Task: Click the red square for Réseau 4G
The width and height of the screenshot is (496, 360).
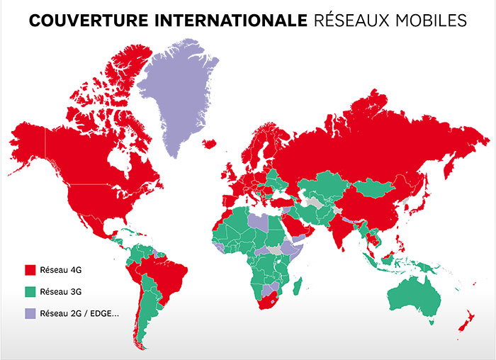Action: click(30, 270)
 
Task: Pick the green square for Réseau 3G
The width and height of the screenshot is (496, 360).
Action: click(30, 291)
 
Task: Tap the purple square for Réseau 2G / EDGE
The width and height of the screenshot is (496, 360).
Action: click(30, 313)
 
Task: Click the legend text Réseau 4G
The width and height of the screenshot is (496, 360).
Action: click(62, 270)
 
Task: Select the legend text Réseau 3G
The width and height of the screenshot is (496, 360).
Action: click(62, 291)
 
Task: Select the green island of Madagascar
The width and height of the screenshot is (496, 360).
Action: click(300, 286)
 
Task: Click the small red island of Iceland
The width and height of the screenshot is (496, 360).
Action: click(209, 144)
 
